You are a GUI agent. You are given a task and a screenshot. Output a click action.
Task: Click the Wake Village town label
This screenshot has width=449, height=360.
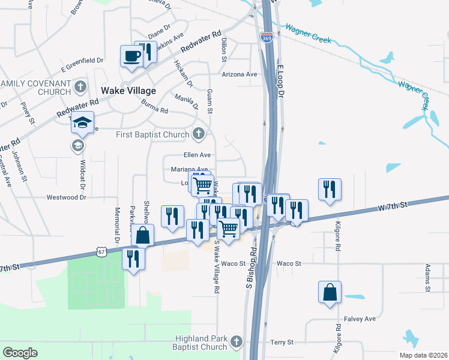128,91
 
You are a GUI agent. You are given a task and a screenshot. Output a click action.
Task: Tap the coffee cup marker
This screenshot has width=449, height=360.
131,56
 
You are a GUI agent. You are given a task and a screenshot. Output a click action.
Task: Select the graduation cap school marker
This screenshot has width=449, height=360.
83,123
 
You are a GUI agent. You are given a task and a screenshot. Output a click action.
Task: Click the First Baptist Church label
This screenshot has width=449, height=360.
152,134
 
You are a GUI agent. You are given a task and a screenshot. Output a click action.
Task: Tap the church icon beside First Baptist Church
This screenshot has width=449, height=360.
199,134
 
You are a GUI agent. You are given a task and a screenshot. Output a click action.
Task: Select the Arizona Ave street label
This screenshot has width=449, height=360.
239,74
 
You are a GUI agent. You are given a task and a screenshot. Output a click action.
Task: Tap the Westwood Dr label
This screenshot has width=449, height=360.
67,197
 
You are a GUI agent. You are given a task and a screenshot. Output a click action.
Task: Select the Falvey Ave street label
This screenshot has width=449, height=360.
360,319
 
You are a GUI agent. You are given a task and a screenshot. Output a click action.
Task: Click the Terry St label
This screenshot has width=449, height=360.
282,342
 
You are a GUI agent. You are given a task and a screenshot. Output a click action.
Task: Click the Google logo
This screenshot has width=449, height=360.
20,353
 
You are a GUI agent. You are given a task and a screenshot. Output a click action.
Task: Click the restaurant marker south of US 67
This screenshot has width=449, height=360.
133,259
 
